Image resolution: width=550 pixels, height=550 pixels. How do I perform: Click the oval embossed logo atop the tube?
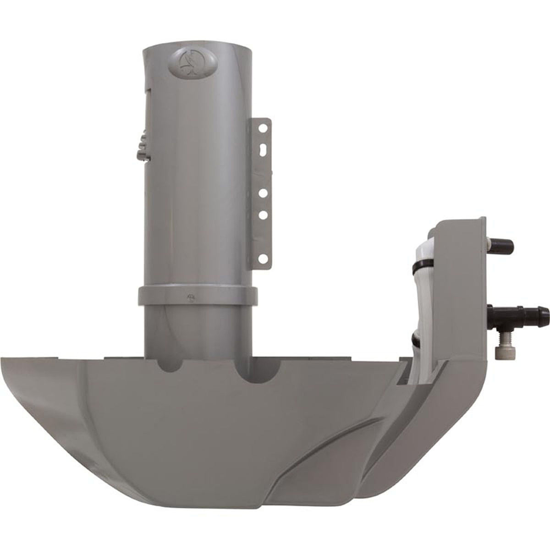point(187,59)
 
